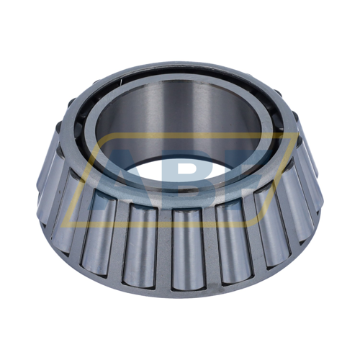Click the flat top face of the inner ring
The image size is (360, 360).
(180, 73)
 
